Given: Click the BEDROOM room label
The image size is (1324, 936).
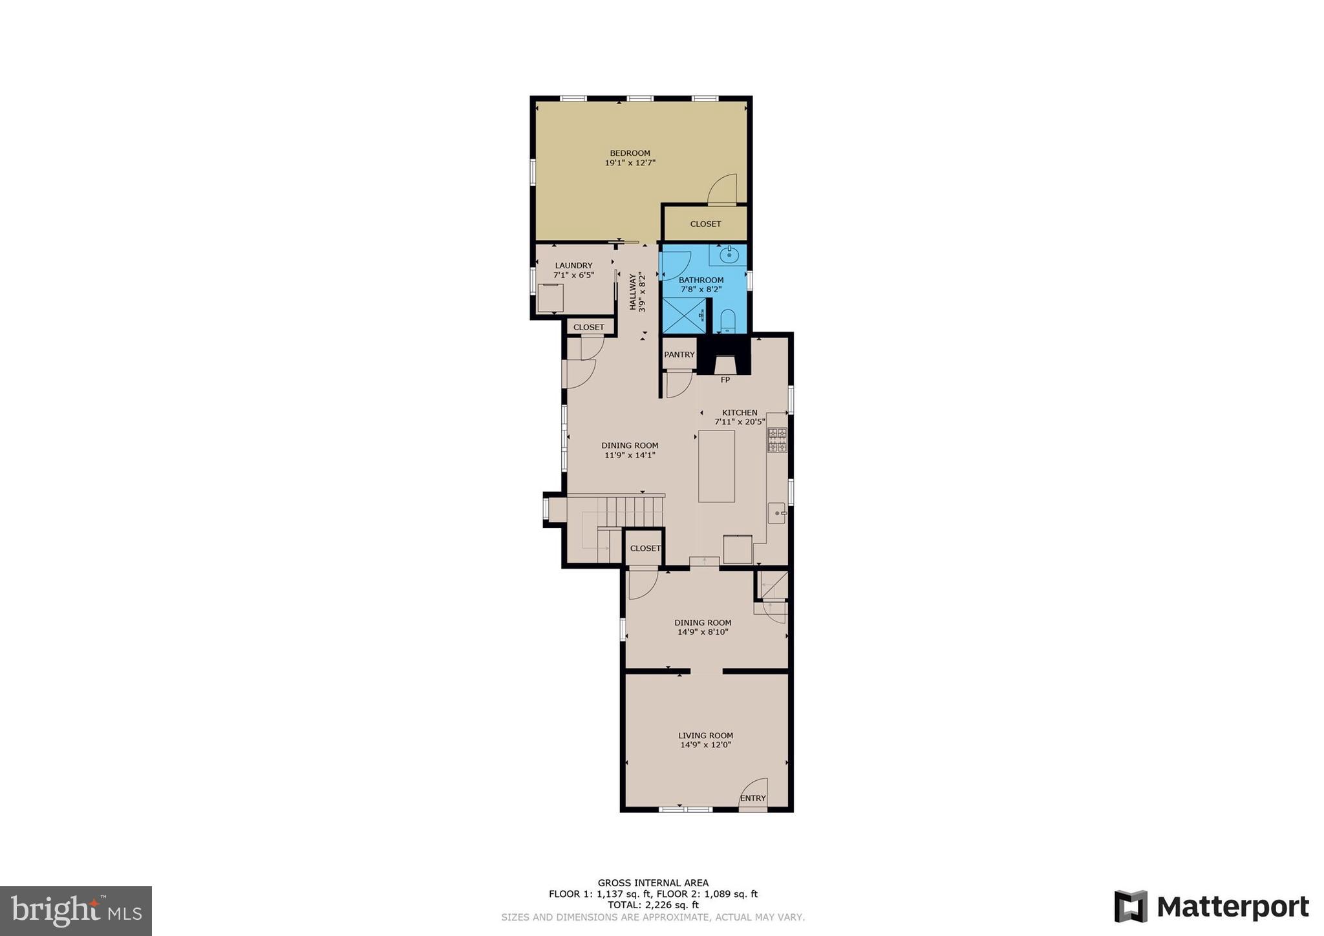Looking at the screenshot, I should click(630, 153).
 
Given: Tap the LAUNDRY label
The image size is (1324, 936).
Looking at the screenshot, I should click(573, 266).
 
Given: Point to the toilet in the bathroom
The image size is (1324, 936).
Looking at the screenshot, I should click(728, 321).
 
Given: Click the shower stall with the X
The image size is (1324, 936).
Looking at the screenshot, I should click(683, 315).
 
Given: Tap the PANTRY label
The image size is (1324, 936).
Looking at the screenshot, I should click(679, 355).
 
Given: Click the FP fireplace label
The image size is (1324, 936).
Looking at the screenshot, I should click(725, 380).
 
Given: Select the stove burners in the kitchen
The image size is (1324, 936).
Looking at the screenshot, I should click(776, 440).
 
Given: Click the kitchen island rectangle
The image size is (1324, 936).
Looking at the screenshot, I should click(716, 466).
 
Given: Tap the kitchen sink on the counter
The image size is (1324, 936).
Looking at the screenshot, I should click(776, 513).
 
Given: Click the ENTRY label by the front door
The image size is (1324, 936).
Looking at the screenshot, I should click(753, 798).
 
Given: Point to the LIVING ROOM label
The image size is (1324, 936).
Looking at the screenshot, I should click(705, 736).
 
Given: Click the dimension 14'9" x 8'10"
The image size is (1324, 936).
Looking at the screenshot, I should click(703, 632).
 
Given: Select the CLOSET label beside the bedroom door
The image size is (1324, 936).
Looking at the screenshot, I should click(705, 224).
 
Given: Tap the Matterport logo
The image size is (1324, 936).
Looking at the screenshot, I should click(1211, 906).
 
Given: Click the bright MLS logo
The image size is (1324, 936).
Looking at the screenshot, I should click(76, 911).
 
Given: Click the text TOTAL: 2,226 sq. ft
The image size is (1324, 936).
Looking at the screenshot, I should click(653, 906).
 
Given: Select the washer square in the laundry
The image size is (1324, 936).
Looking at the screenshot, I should click(550, 299).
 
